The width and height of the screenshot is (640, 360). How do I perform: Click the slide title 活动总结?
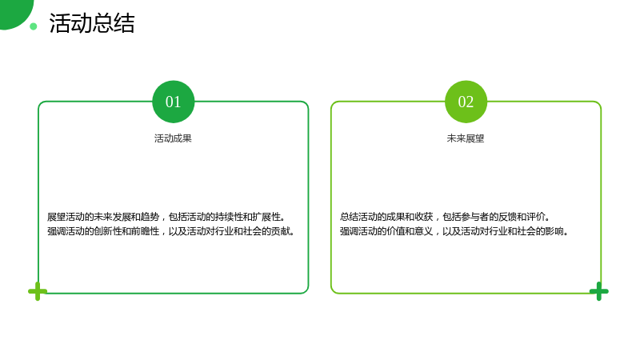click(x=92, y=23)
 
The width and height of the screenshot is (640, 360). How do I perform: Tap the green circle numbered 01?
click(x=173, y=102)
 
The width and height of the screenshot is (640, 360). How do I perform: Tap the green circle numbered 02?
click(x=466, y=102)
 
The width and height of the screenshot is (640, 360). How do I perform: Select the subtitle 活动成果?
click(x=173, y=138)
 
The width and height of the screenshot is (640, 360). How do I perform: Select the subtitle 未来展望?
click(x=466, y=138)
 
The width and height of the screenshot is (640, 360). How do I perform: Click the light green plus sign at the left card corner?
click(x=38, y=291)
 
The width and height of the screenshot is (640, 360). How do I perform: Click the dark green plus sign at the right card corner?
click(x=598, y=291)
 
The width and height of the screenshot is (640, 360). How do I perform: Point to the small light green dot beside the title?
click(x=34, y=26)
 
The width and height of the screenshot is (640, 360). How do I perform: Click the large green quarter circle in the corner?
click(x=14, y=12)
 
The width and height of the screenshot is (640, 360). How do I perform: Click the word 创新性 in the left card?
click(x=108, y=231)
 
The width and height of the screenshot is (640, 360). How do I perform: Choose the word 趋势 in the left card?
click(x=150, y=217)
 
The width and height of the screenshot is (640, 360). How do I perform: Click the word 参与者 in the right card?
click(x=475, y=217)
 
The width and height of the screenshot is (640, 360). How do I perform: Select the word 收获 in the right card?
click(x=424, y=217)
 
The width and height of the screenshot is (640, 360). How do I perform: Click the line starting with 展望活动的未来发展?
click(x=166, y=217)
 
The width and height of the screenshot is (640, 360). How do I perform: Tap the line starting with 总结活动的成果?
click(x=445, y=217)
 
